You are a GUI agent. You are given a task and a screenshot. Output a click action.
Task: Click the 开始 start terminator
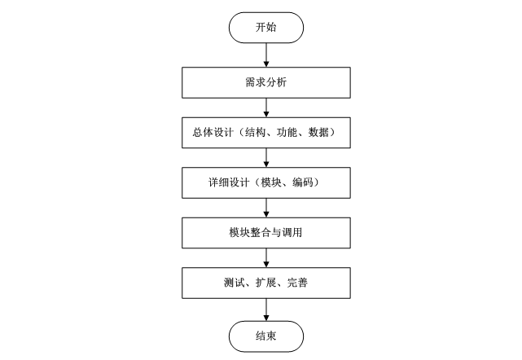[266, 27]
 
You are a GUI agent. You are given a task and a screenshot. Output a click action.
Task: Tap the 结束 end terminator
[266, 335]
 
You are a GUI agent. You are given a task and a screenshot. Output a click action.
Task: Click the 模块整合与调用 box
[266, 233]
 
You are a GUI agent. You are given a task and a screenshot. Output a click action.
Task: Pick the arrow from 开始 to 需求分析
[266, 53]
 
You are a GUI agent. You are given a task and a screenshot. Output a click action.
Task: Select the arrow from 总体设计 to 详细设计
[266, 156]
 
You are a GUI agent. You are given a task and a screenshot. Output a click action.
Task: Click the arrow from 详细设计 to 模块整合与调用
[266, 208]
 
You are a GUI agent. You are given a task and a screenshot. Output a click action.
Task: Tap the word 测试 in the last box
[233, 284]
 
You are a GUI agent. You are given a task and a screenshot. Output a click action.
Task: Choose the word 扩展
[266, 284]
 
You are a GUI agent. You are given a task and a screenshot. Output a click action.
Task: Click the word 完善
[299, 284]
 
